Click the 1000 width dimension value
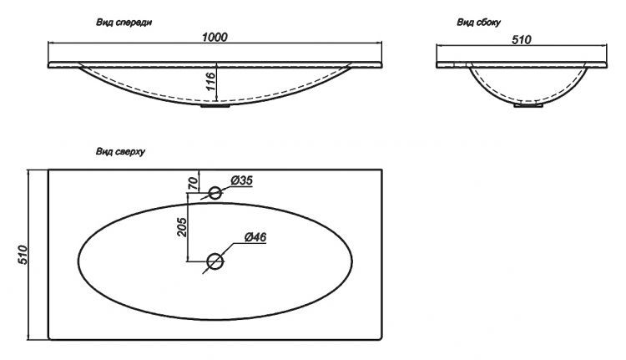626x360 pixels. pyautogui.click(x=215, y=37)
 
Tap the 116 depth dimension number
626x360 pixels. pyautogui.click(x=211, y=82)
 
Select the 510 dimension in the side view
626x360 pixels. pyautogui.click(x=522, y=40)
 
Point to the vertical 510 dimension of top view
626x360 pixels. pyautogui.click(x=23, y=255)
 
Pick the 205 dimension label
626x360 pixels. pyautogui.click(x=182, y=227)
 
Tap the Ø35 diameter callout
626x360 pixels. pyautogui.click(x=241, y=180)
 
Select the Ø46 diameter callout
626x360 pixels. pyautogui.click(x=255, y=237)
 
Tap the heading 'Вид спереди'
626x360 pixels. pyautogui.click(x=124, y=23)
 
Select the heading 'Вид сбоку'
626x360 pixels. pyautogui.click(x=479, y=23)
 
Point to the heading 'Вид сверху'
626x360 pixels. pyautogui.click(x=120, y=151)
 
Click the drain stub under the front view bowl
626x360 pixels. pyautogui.click(x=215, y=106)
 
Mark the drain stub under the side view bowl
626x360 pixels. pyautogui.click(x=528, y=105)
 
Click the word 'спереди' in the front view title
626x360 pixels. pyautogui.click(x=134, y=23)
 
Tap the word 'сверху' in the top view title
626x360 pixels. pyautogui.click(x=129, y=151)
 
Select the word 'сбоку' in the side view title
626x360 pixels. pyautogui.click(x=488, y=23)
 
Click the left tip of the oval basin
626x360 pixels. pyautogui.click(x=78, y=261)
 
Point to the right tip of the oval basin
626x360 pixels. pyautogui.click(x=352, y=261)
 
